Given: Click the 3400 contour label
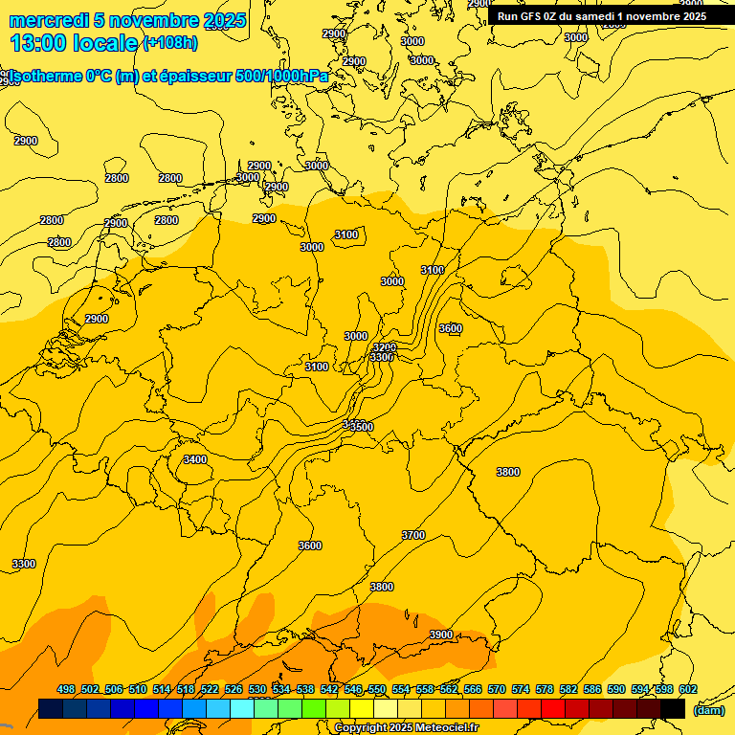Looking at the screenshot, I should tap(194, 459).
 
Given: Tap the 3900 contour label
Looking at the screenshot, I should tap(441, 635).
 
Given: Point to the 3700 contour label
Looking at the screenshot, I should tap(413, 535).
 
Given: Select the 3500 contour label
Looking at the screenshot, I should tap(362, 426).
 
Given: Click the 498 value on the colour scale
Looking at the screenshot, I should tap(66, 689).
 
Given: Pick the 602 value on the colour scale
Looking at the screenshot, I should tap(687, 689).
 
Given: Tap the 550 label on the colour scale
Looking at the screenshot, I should tap(377, 689).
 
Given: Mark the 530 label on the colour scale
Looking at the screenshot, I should tap(257, 689).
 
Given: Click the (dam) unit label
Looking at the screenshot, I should tap(708, 709).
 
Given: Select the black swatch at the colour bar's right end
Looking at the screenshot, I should tap(673, 708).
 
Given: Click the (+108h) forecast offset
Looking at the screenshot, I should tap(170, 42).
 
